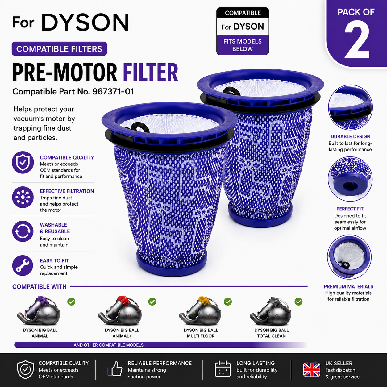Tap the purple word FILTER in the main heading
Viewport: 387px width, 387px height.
click(150, 72)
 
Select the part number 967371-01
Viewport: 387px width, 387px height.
click(113, 92)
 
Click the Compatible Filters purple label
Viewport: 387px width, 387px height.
click(59, 49)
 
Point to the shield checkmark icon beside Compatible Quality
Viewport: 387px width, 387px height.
click(23, 162)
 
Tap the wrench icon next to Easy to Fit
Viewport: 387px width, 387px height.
click(23, 265)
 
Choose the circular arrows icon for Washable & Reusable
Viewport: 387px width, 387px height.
click(23, 231)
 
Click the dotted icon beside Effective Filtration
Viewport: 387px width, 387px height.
click(23, 197)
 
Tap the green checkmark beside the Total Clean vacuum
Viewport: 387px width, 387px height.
click(298, 302)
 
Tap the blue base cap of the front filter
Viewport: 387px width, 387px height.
click(172, 263)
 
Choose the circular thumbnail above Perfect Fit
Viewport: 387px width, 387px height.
click(350, 179)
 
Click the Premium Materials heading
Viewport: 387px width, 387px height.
click(348, 287)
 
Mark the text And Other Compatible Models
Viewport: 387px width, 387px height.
click(108, 345)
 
